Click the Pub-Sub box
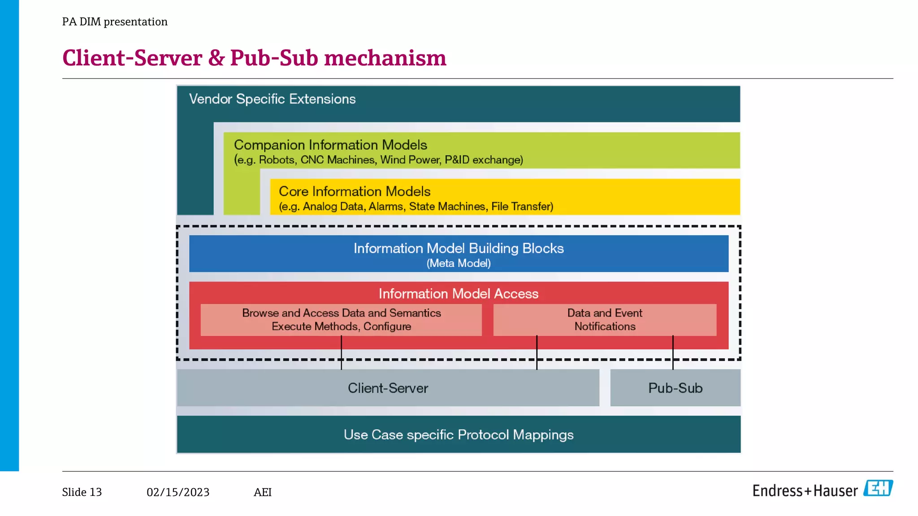pos(675,388)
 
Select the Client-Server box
pos(388,388)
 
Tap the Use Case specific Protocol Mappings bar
pos(459,434)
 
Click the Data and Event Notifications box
pos(605,320)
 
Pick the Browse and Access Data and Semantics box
pos(341,320)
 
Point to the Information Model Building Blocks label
pos(459,248)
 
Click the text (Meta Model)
pos(459,263)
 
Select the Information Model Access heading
pos(459,294)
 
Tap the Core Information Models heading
pos(355,192)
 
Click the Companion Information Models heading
pos(330,145)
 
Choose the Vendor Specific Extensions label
pos(272,99)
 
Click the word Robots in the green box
pos(277,160)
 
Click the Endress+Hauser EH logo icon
pos(878,488)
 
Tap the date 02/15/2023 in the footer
pos(178,492)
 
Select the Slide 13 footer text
pos(82,492)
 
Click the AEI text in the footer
pos(263,492)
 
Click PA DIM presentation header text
pos(115,21)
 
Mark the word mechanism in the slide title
pos(385,58)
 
